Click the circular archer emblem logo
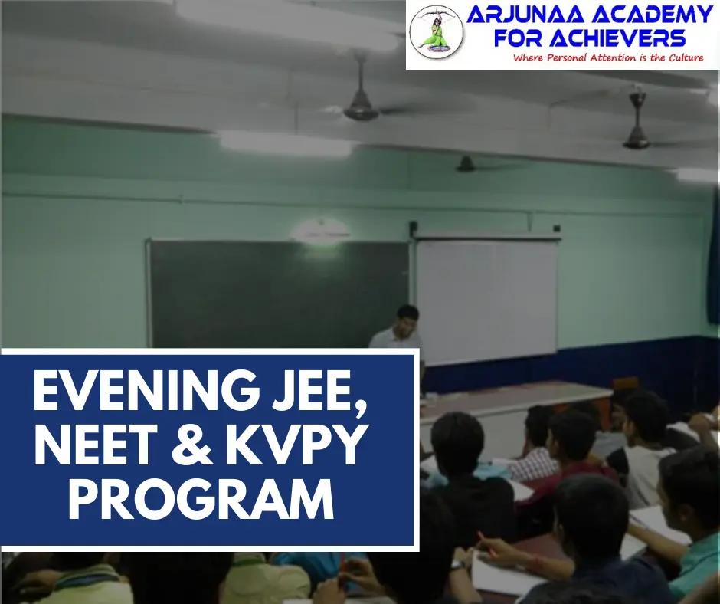[x=436, y=34]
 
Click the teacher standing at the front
[x=400, y=333]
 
